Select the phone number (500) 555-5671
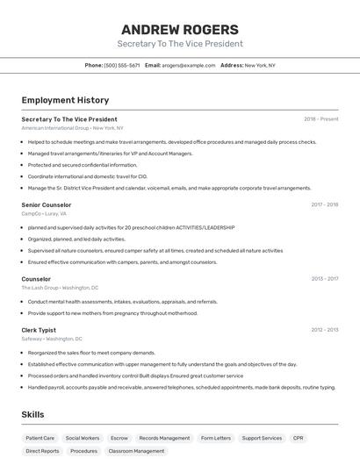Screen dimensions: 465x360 122,65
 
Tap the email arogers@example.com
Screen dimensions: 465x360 188,65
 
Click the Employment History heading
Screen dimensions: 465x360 65,100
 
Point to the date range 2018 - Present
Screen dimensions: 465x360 320,119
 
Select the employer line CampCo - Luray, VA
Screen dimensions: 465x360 44,213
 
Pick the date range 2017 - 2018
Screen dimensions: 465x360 324,204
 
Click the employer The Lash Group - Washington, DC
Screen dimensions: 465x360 60,288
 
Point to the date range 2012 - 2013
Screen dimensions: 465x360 324,330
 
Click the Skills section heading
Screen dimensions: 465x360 32,414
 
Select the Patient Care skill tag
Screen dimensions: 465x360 40,438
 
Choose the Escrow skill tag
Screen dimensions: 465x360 119,438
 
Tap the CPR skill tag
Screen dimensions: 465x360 299,438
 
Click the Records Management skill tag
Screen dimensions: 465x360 164,438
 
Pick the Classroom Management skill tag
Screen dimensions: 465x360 136,451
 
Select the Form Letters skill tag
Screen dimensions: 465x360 216,438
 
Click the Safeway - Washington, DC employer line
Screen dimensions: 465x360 52,339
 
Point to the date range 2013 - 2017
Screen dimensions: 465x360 324,279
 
